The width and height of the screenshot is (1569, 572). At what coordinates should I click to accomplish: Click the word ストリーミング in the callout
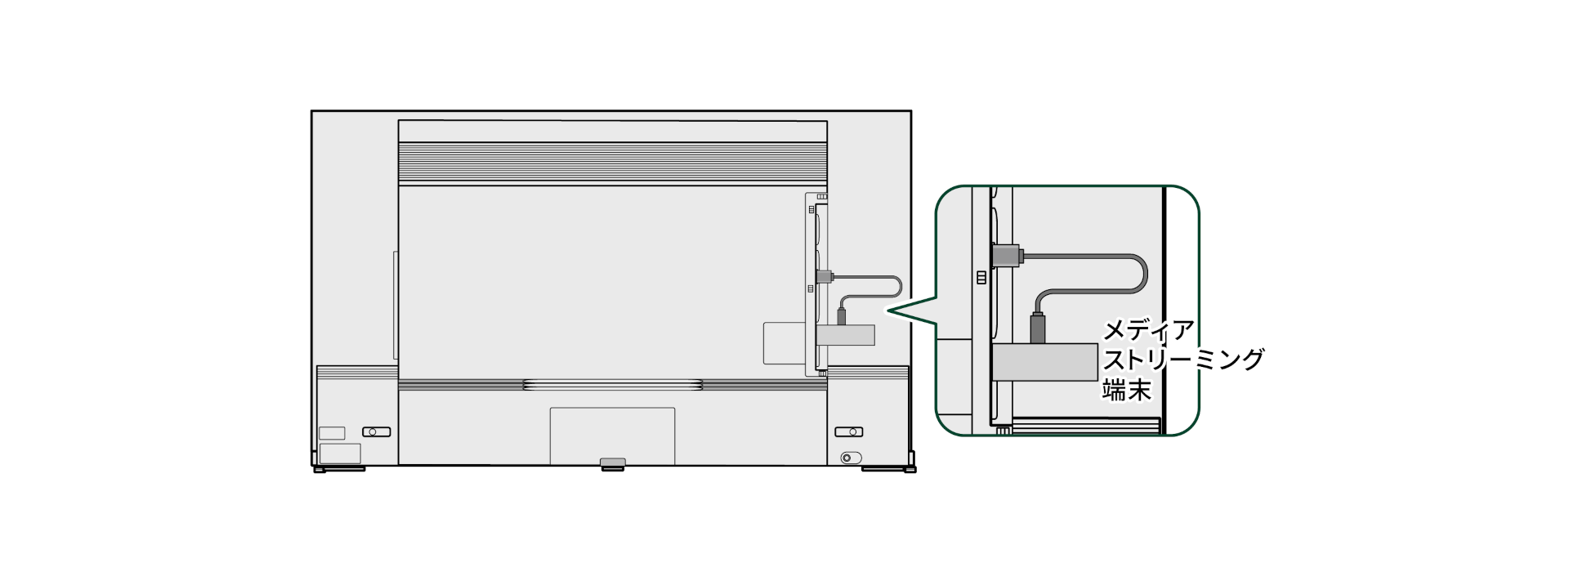click(x=1182, y=360)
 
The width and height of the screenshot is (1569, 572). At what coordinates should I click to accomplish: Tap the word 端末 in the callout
click(x=1127, y=390)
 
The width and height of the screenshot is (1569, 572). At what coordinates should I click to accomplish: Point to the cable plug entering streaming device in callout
click(x=1039, y=328)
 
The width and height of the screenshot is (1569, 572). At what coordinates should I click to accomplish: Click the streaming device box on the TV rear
click(x=846, y=334)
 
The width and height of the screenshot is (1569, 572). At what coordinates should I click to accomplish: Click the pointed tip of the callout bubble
click(x=888, y=310)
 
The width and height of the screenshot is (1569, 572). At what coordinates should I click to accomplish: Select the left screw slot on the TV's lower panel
click(x=376, y=431)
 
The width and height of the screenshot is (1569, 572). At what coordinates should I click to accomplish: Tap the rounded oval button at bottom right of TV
click(x=851, y=458)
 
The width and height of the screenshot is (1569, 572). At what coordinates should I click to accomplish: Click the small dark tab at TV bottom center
click(x=612, y=463)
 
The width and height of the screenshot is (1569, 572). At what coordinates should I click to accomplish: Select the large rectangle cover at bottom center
click(x=612, y=435)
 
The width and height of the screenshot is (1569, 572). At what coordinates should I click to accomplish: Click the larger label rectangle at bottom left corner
click(x=340, y=454)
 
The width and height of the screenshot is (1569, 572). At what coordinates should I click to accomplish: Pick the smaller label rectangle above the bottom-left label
click(x=332, y=433)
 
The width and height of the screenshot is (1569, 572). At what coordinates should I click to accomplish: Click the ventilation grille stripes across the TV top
click(x=613, y=163)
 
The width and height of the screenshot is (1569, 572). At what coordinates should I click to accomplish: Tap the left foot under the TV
click(x=330, y=470)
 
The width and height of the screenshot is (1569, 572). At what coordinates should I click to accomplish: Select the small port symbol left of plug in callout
click(x=981, y=278)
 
